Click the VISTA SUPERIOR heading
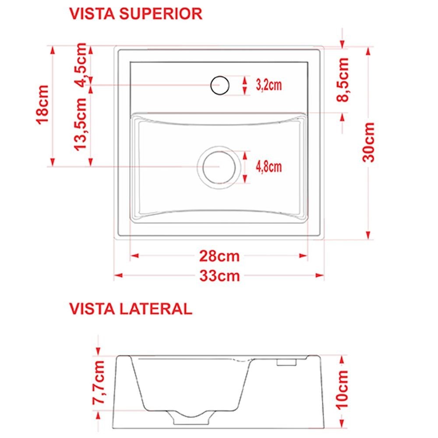[136, 14]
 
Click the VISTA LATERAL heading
[131, 309]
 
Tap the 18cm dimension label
[42, 105]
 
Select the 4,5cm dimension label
[81, 65]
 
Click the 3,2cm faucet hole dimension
[269, 85]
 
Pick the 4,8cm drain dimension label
[269, 167]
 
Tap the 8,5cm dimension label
[343, 80]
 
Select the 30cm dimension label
[368, 142]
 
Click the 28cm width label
[219, 256]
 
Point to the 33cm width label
[219, 276]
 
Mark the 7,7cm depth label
[99, 382]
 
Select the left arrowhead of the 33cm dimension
[118, 276]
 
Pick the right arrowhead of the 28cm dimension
[304, 256]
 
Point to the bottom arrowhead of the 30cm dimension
[368, 235]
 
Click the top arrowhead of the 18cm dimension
[53, 50]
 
